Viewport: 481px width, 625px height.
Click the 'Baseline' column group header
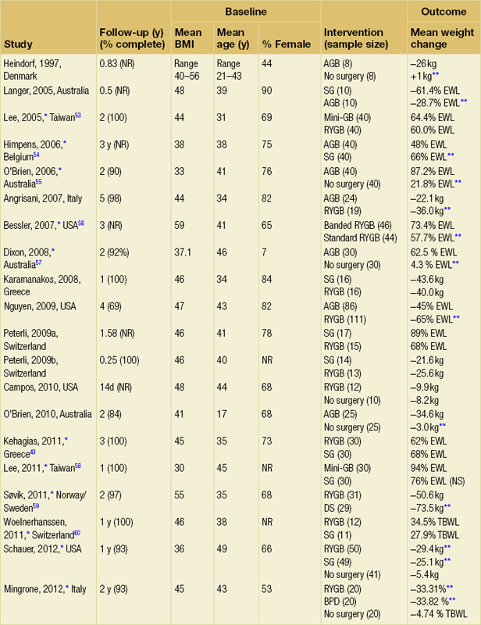coord(246,12)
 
